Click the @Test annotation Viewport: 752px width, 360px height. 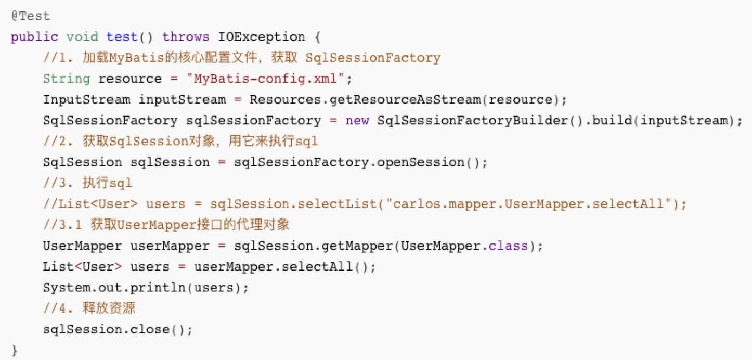coord(31,16)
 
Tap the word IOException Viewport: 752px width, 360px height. coord(253,37)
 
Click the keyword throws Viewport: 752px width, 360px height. coord(186,37)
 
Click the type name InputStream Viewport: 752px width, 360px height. coord(86,99)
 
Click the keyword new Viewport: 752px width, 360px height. coord(357,121)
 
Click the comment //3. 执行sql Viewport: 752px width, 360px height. coord(87,183)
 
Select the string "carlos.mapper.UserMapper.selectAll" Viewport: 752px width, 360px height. coord(528,204)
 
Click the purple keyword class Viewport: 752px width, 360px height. coord(508,246)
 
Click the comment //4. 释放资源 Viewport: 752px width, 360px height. coord(89,308)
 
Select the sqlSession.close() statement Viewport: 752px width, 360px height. coord(118,329)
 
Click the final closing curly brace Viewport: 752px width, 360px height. coord(14,350)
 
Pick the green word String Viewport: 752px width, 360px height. coord(66,79)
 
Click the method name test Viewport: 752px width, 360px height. coord(122,37)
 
